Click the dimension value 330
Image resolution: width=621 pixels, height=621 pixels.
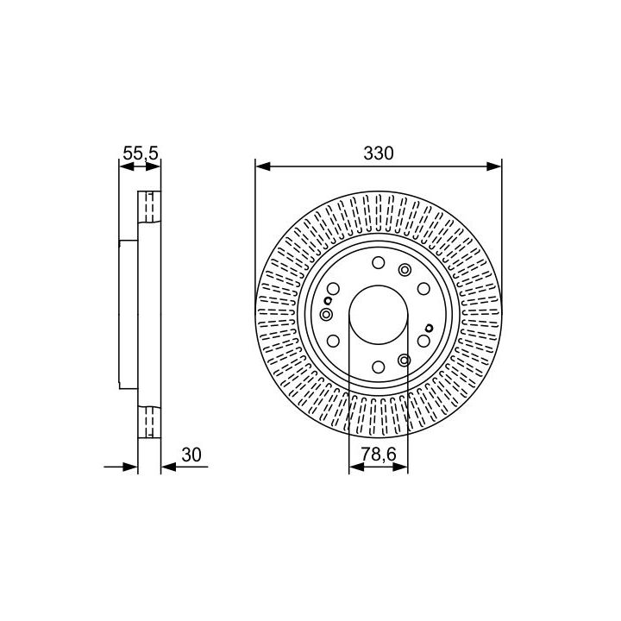[379, 154]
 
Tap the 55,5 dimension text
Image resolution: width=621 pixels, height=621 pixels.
[141, 153]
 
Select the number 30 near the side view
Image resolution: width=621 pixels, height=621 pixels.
[191, 455]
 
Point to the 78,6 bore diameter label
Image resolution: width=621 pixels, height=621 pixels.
[379, 455]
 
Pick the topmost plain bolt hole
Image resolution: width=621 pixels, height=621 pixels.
[379, 262]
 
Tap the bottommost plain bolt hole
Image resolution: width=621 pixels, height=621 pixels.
[379, 367]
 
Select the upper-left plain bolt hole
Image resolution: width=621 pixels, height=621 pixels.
[333, 289]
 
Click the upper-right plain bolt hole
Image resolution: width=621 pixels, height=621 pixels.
[423, 289]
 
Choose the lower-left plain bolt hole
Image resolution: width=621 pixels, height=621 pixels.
[333, 341]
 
